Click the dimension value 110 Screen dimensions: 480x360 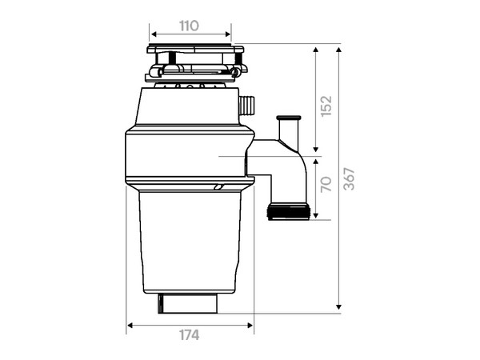click(189, 26)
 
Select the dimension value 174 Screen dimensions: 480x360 click(189, 335)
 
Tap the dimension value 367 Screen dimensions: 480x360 click(349, 179)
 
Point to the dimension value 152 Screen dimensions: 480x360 click(326, 106)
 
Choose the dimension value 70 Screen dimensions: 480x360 click(326, 184)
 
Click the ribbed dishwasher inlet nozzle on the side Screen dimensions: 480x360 click(246, 105)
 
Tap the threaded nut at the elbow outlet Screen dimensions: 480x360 click(289, 212)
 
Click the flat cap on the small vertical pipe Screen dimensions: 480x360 click(288, 118)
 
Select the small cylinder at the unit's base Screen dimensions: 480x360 click(188, 303)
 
